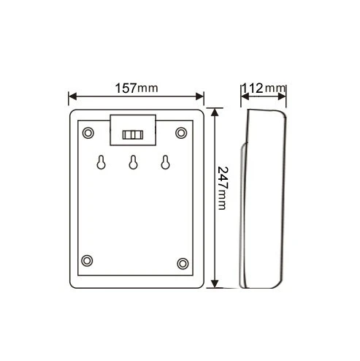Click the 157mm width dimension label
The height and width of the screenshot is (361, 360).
click(137, 88)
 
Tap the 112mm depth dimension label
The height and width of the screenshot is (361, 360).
click(264, 88)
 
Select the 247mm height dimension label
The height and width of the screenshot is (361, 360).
click(222, 188)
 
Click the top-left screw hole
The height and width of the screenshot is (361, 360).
click(88, 133)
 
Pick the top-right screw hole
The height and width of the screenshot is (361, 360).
click(181, 133)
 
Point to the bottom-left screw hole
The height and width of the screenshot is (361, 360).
click(87, 261)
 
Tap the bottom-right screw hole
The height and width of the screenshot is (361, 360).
click(183, 264)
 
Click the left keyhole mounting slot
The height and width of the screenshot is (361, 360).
click(102, 162)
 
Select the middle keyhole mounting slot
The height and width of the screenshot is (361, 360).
click(134, 162)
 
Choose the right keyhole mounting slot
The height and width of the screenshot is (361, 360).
click(166, 162)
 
